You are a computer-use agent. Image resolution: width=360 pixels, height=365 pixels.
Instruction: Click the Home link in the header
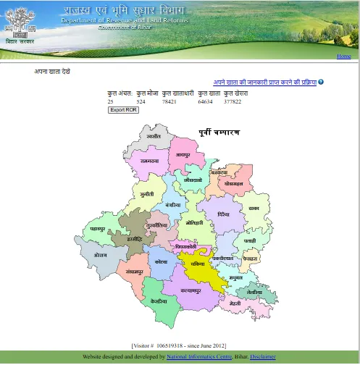pyautogui.click(x=343, y=56)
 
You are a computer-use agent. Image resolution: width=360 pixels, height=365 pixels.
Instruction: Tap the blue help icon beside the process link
pyautogui.click(x=321, y=82)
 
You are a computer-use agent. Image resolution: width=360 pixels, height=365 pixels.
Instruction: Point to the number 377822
pyautogui.click(x=233, y=102)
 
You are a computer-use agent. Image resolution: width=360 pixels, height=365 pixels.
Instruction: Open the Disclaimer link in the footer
pyautogui.click(x=263, y=357)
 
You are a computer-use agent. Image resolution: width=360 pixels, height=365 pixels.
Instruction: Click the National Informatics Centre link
pyautogui.click(x=199, y=357)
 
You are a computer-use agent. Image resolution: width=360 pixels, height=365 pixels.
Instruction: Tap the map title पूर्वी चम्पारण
pyautogui.click(x=219, y=133)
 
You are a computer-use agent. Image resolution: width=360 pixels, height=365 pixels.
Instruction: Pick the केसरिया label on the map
pyautogui.click(x=159, y=300)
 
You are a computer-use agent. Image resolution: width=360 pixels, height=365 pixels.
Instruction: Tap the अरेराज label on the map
pyautogui.click(x=100, y=255)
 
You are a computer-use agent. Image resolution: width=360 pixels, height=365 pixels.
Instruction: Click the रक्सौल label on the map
pyautogui.click(x=154, y=136)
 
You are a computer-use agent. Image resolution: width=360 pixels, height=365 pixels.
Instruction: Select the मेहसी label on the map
pyautogui.click(x=234, y=305)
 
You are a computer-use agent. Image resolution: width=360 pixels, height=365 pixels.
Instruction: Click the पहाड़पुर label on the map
pyautogui.click(x=97, y=229)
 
